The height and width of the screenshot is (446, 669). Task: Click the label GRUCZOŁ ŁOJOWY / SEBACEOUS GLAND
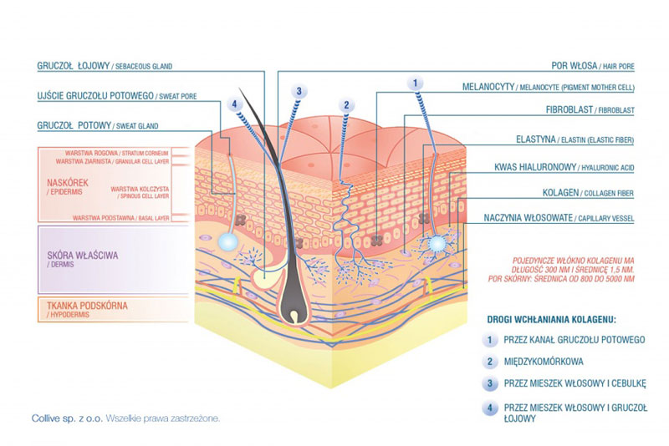105,66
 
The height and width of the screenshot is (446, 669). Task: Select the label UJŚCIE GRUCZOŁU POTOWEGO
95,96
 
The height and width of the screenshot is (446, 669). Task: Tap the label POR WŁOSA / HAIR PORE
593,66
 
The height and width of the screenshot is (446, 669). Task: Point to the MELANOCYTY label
488,87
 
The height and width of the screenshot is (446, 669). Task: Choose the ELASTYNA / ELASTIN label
575,139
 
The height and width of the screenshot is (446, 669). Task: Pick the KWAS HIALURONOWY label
535,167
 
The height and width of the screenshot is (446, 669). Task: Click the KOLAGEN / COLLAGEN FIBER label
588,193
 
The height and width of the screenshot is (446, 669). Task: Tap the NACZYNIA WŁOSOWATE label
528,218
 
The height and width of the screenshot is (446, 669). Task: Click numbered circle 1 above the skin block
415,83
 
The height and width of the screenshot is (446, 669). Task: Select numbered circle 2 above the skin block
346,105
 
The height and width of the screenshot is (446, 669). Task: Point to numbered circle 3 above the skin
299,91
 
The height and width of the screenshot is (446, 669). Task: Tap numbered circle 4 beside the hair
234,104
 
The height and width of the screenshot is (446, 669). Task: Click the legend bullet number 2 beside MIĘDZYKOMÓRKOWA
490,362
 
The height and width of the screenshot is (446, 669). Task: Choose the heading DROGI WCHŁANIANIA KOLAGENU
551,320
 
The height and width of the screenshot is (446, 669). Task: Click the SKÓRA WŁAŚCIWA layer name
82,256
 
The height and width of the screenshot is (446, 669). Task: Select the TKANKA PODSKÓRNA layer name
87,306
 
